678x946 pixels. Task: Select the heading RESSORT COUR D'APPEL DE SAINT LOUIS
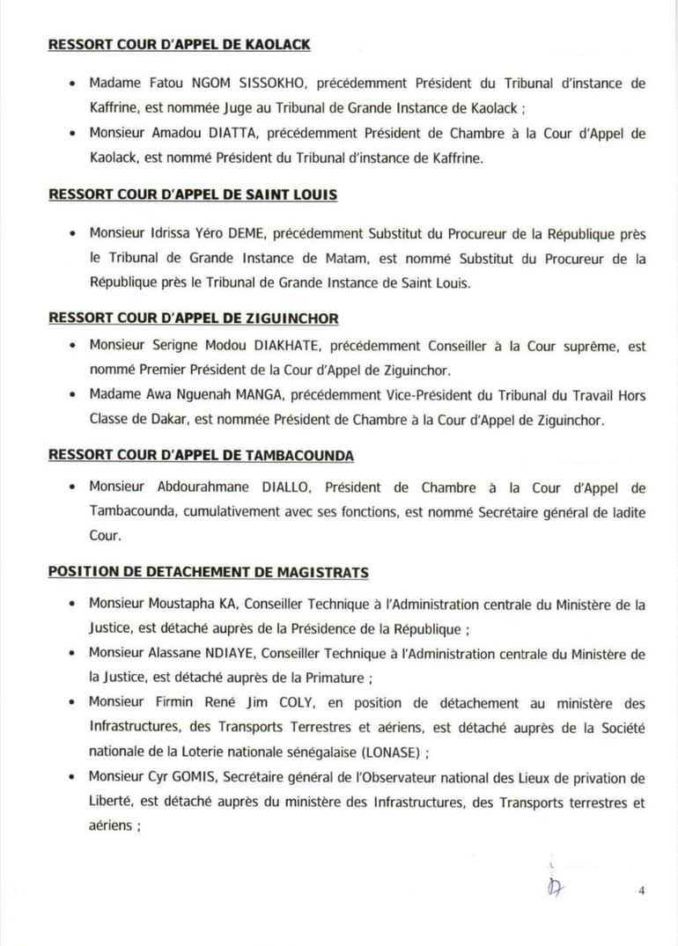tap(192, 194)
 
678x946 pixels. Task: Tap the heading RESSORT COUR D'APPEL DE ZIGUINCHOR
tap(194, 319)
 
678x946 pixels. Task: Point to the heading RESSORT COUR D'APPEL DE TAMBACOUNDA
tap(203, 456)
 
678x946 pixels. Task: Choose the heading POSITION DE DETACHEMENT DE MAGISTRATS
tap(208, 572)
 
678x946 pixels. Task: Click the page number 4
tap(642, 891)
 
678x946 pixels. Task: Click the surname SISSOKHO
tap(278, 84)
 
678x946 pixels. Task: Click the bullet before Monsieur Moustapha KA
tap(71, 605)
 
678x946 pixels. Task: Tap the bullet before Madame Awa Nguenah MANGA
tap(71, 396)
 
